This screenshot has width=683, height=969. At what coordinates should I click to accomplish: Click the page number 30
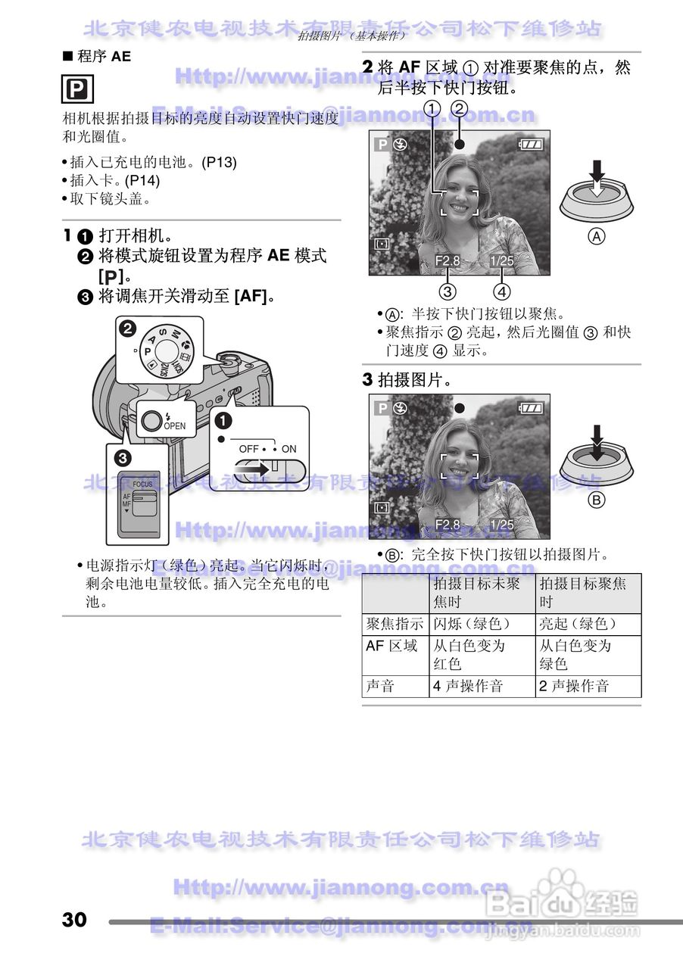75,920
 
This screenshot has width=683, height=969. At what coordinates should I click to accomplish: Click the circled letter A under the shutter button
597,236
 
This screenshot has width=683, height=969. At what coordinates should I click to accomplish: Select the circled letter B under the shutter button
597,500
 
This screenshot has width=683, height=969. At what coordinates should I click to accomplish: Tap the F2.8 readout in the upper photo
448,261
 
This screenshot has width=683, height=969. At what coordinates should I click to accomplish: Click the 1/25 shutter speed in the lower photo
501,524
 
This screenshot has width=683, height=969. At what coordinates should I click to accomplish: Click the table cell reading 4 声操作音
468,687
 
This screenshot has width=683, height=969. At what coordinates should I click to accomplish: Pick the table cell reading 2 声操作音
574,687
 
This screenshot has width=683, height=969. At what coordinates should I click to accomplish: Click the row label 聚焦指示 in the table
395,625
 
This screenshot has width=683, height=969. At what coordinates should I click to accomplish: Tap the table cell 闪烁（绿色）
472,625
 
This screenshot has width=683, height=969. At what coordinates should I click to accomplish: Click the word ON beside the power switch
288,449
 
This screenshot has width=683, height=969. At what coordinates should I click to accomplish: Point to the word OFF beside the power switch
248,449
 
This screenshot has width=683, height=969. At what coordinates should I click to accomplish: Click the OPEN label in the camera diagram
174,426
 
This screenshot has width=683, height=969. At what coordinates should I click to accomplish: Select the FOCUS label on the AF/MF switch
142,484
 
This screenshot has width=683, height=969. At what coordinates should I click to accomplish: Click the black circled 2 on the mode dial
127,329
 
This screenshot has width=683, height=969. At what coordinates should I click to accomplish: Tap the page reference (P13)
220,162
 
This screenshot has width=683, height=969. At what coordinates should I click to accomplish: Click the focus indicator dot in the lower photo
459,408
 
